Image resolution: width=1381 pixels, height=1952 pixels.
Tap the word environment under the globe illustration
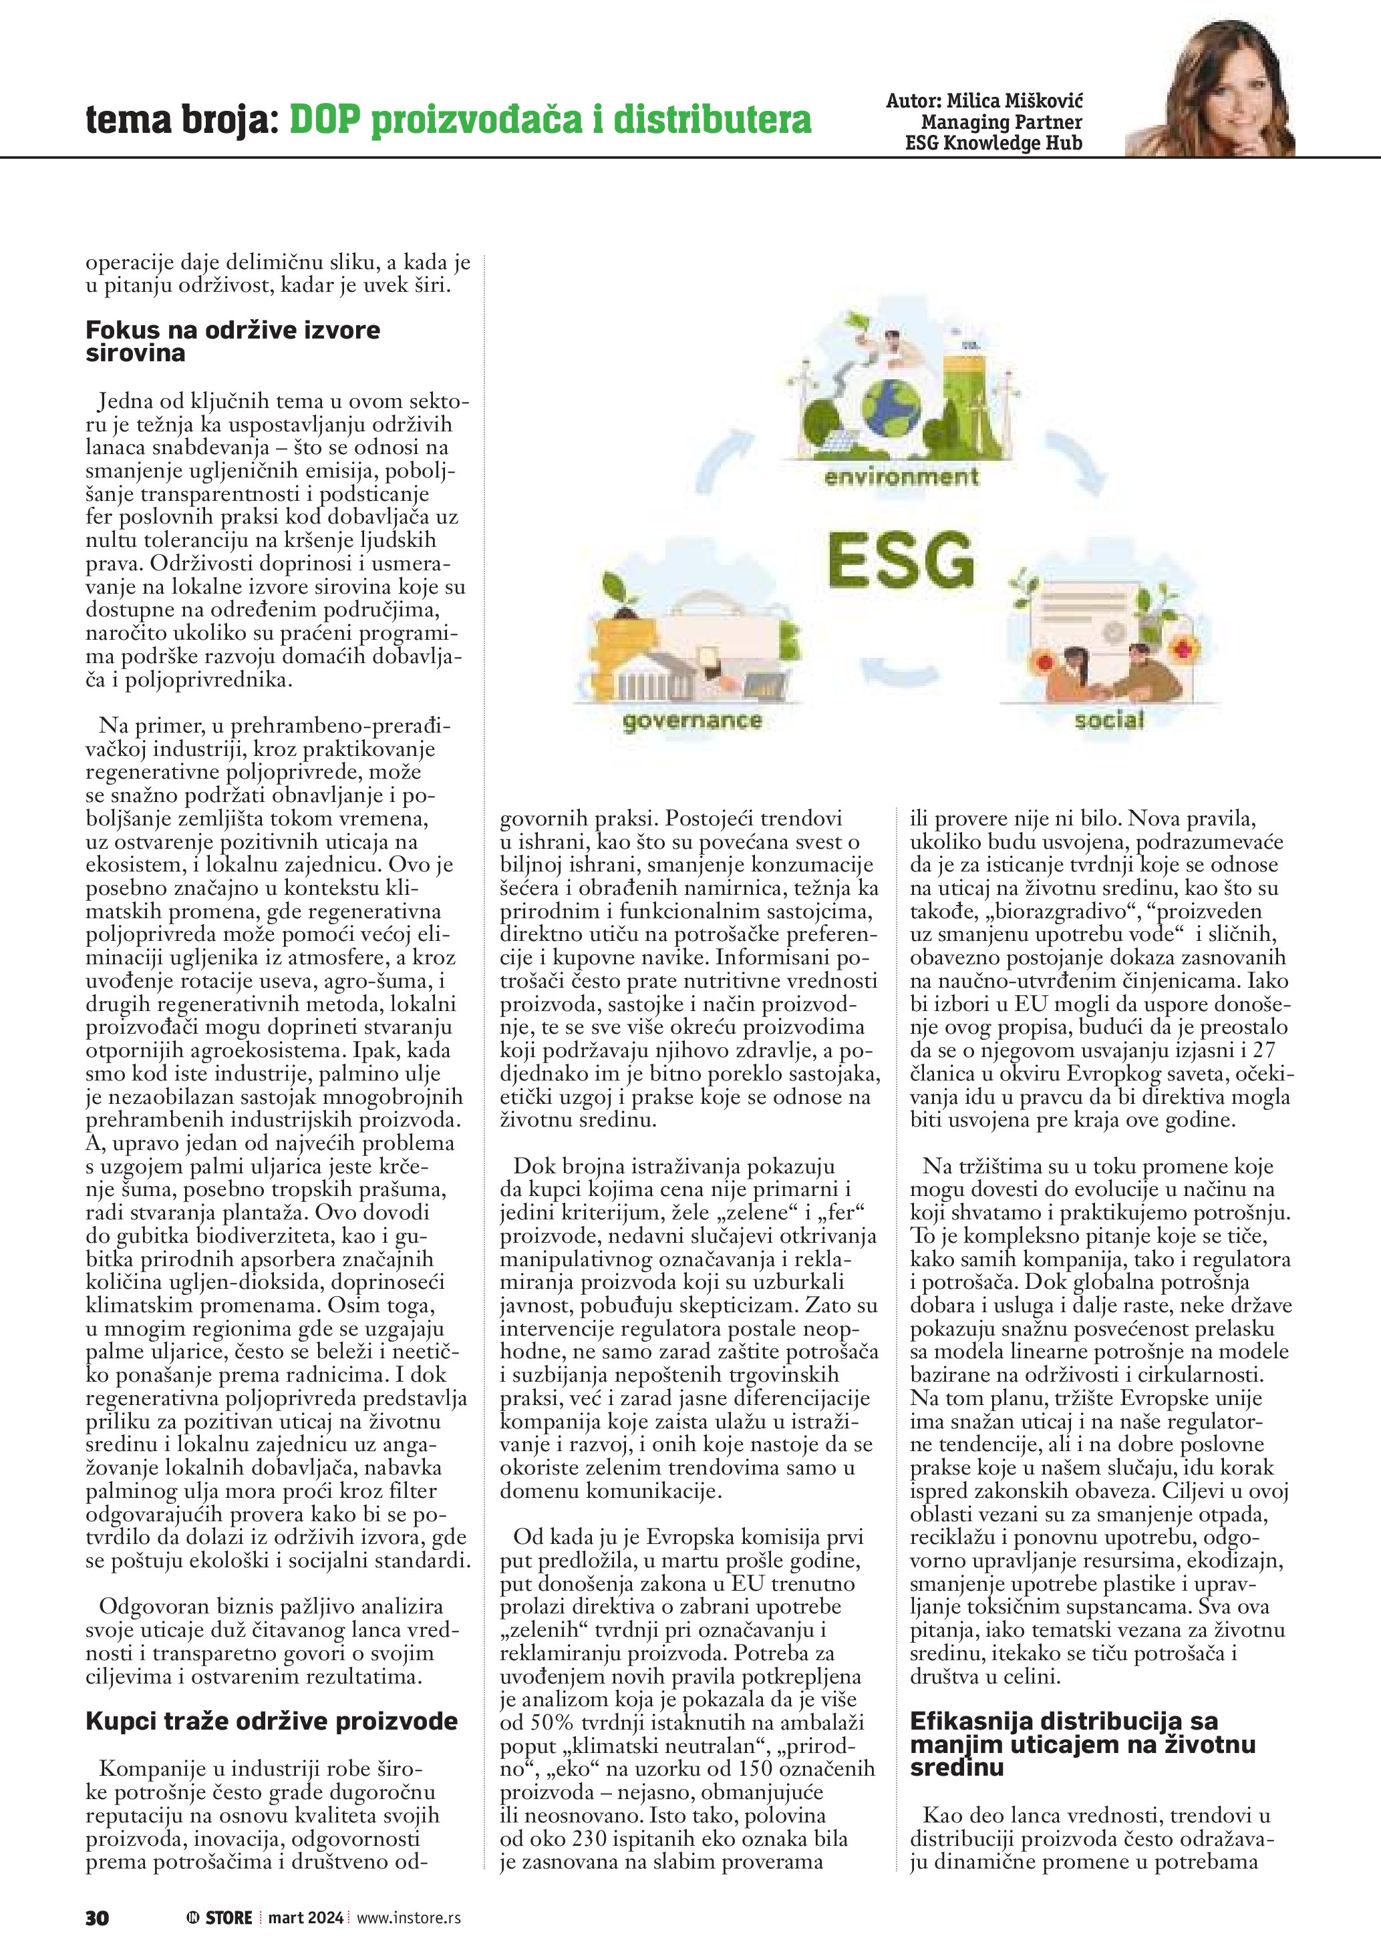[901, 477]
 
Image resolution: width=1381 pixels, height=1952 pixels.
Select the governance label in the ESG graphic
[692, 722]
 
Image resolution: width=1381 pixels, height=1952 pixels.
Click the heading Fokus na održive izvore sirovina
[233, 341]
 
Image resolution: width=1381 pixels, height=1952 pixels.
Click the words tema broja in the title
[182, 121]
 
